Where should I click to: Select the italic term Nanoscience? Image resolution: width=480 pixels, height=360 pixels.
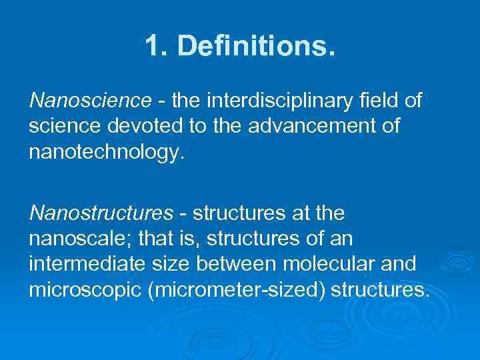pos(91,100)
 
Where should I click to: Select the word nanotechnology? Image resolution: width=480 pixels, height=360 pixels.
pos(105,152)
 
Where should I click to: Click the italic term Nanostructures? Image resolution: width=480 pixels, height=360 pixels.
pos(101,213)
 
